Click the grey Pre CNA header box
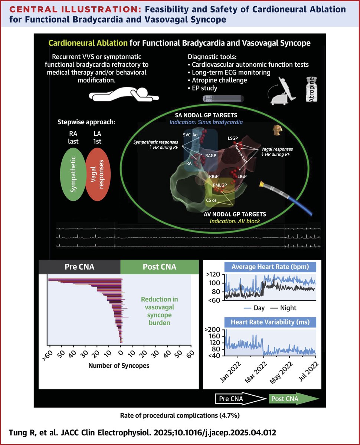click(x=79, y=267)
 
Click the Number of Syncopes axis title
click(x=119, y=365)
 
